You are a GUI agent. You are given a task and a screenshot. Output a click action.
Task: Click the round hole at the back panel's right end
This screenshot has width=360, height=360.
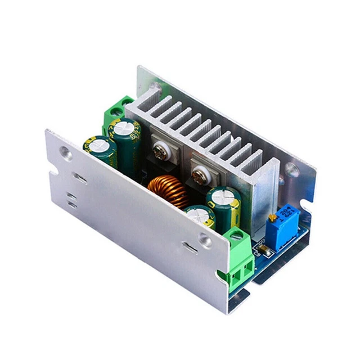point(291,168)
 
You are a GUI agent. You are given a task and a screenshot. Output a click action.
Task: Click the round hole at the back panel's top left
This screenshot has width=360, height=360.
point(153,87)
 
